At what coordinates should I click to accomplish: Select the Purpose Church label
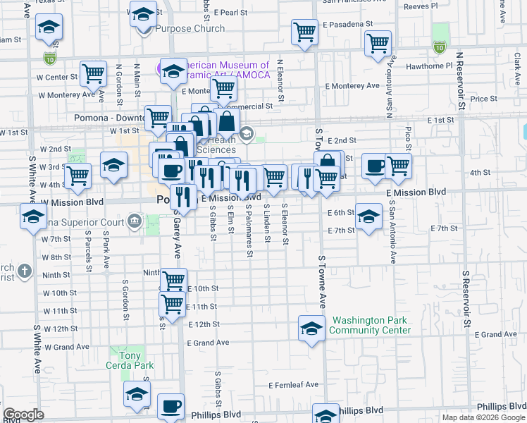click(190, 29)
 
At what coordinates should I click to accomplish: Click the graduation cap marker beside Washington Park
click(311, 329)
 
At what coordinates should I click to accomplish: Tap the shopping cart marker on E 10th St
click(173, 281)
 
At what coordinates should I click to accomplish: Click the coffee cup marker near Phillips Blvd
click(171, 407)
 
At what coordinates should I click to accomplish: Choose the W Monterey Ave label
click(66, 94)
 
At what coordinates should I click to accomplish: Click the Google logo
click(24, 415)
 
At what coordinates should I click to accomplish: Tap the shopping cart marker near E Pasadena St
click(304, 31)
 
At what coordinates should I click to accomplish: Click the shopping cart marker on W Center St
click(93, 73)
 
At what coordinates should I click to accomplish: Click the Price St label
click(484, 99)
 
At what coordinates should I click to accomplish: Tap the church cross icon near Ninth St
click(23, 271)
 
